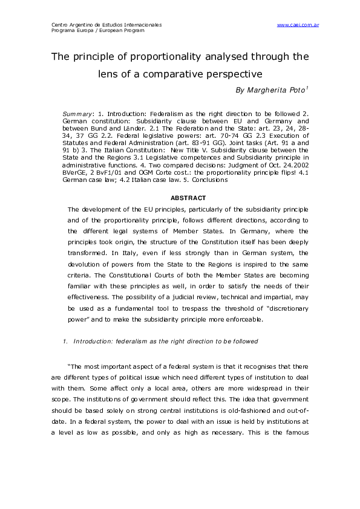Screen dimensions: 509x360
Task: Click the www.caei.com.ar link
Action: (298, 25)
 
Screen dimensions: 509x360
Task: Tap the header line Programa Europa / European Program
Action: (99, 30)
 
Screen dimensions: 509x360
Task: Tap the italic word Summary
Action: (76, 114)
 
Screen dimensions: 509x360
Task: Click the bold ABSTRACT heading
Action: (188, 198)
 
